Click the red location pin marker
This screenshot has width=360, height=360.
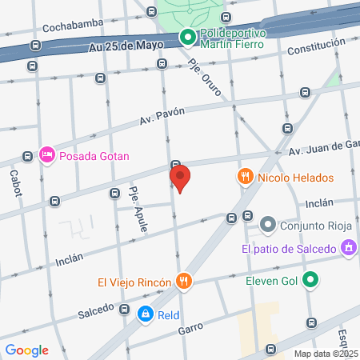click(x=180, y=178)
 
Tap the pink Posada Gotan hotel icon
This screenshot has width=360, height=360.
click(x=47, y=154)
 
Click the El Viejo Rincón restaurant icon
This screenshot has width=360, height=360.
click(x=184, y=281)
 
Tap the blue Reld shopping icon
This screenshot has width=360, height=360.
click(x=145, y=315)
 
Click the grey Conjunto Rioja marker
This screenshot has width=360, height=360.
click(x=268, y=225)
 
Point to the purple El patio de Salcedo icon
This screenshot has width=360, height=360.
click(x=348, y=249)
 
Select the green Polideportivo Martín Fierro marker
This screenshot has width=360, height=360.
click(x=186, y=36)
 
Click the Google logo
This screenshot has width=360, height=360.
click(x=27, y=350)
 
